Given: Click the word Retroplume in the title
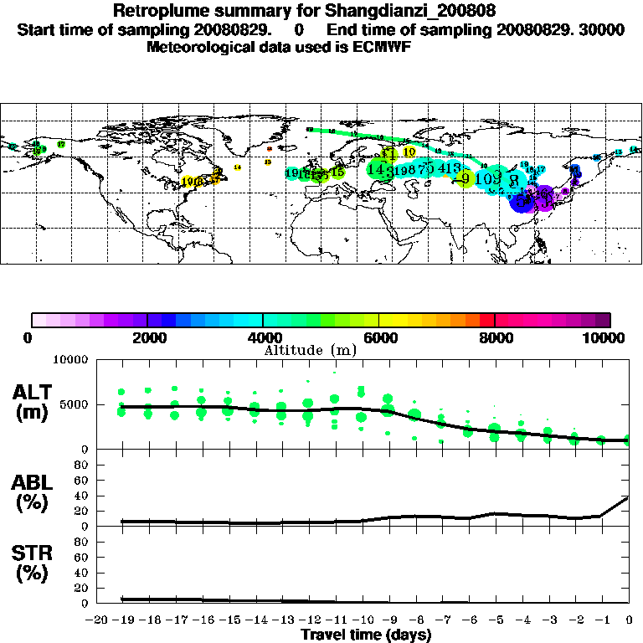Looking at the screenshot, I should click(x=156, y=12).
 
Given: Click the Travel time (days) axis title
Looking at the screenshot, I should click(x=366, y=635).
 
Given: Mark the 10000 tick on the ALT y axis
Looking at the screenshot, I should click(x=69, y=360).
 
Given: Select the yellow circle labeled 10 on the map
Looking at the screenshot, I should click(x=409, y=152).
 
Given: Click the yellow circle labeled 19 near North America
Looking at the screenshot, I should click(x=188, y=181).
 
